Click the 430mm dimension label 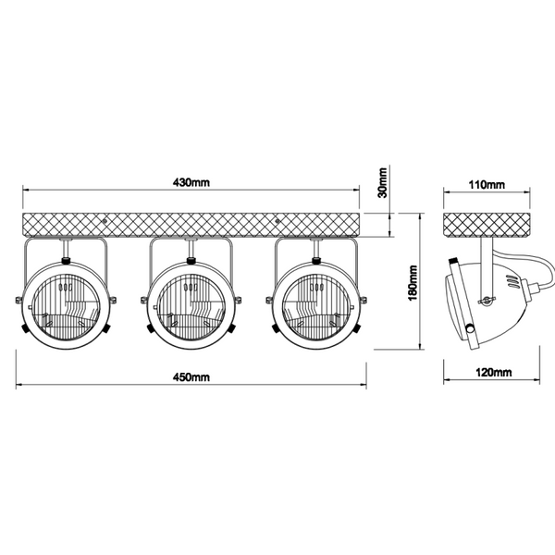(x=191, y=182)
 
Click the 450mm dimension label (x=191, y=377)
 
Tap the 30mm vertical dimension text (x=383, y=182)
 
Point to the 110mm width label (x=487, y=185)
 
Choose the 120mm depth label (x=494, y=373)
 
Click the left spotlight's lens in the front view (x=67, y=307)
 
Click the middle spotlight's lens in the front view (x=191, y=307)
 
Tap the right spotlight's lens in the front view (x=316, y=307)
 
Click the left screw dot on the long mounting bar (x=105, y=220)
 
